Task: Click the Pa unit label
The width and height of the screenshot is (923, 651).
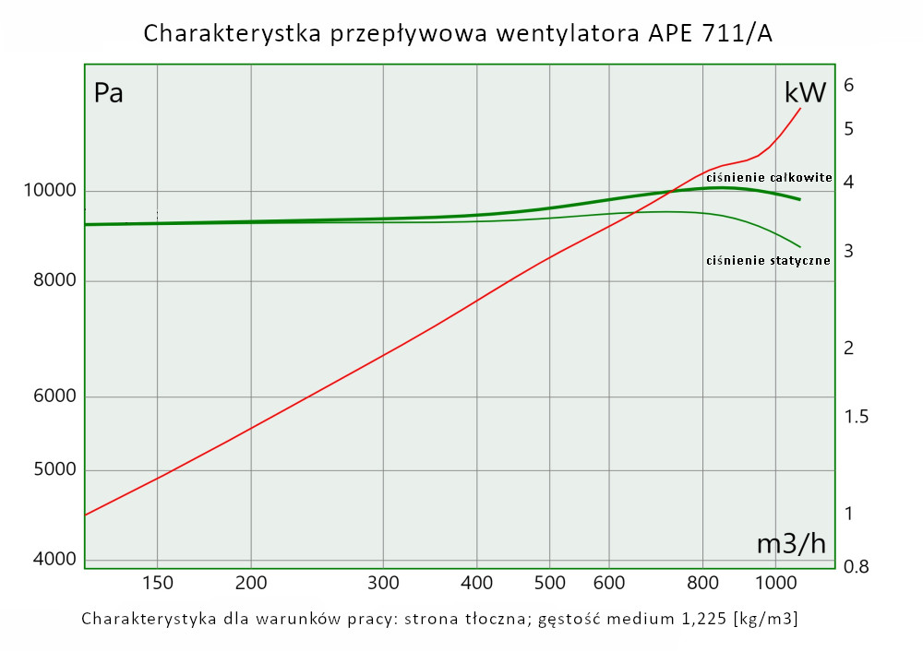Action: click(x=109, y=94)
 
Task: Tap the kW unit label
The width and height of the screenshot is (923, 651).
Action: click(x=805, y=92)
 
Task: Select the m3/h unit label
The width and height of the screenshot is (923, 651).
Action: click(x=791, y=544)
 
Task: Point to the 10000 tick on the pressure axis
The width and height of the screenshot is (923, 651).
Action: click(x=48, y=192)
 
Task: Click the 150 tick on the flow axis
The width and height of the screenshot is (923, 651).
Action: click(x=158, y=583)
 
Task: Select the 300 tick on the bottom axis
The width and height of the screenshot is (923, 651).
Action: click(x=382, y=583)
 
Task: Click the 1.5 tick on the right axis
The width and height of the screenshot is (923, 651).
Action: click(x=857, y=417)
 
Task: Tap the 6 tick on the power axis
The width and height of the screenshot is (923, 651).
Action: click(x=849, y=86)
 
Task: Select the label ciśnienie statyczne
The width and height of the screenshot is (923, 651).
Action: click(x=768, y=261)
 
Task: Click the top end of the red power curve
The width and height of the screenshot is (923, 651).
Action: click(x=800, y=108)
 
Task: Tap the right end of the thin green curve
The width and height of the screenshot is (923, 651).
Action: click(x=800, y=247)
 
